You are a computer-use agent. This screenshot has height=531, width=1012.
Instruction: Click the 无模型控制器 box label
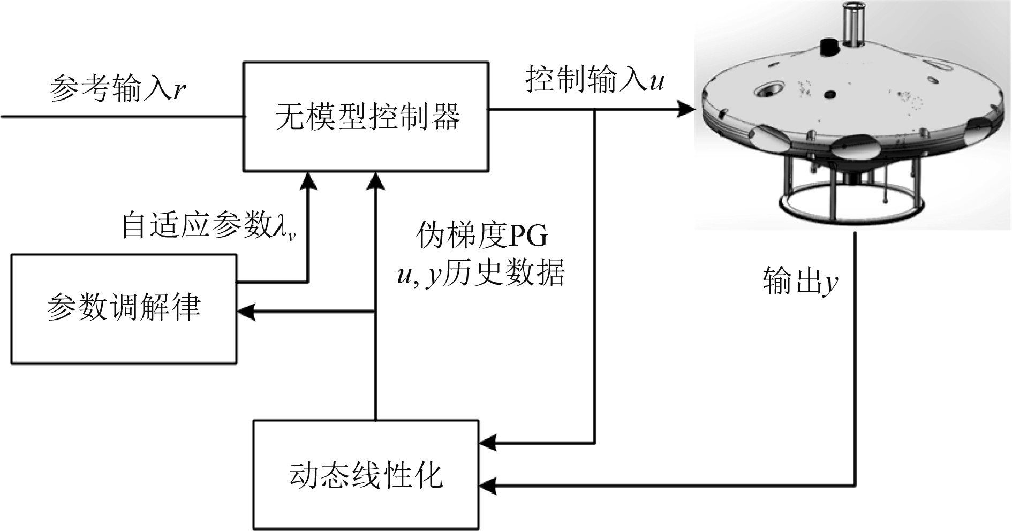tap(367, 116)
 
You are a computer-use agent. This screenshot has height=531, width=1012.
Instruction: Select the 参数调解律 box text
tap(124, 308)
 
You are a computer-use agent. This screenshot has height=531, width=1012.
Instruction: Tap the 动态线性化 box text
tap(366, 475)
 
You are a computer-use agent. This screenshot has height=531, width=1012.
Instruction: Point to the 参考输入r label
tap(117, 87)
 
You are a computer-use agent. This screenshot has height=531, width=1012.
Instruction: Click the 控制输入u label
tap(595, 80)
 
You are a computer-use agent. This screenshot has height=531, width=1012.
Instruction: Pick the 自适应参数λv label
tap(209, 225)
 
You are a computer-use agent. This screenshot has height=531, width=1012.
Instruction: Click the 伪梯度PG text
tap(482, 236)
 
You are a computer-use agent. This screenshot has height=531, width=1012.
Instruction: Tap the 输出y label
tap(800, 282)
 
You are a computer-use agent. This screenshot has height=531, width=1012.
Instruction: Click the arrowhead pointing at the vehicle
tap(685, 110)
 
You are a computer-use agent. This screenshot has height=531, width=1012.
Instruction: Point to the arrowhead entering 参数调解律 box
tap(246, 312)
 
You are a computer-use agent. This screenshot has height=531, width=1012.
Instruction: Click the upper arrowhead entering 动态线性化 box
tap(487, 443)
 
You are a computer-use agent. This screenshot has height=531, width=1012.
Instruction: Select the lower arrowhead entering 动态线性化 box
tap(487, 486)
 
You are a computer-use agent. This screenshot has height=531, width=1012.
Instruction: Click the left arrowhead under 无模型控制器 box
tap(308, 181)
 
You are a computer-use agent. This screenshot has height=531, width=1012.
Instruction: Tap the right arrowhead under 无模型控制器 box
tap(376, 181)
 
